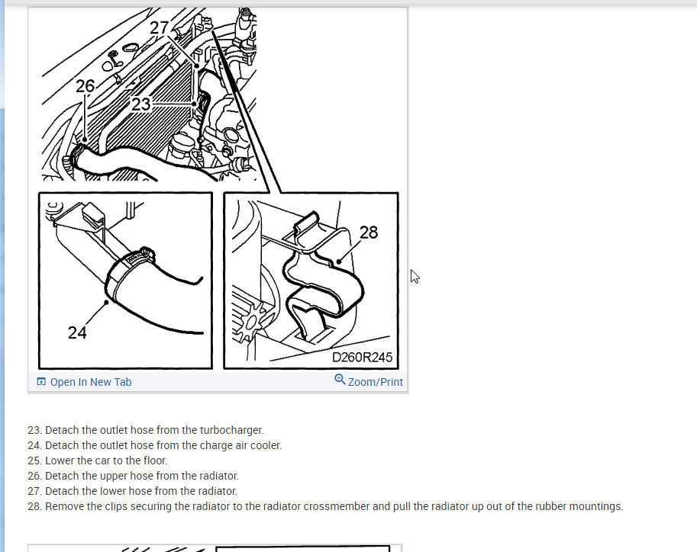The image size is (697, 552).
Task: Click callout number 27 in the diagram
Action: tap(159, 28)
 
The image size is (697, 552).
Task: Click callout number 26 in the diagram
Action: tap(86, 85)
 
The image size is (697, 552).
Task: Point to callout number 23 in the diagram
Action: tap(141, 104)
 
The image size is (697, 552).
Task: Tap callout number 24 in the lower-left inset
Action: tap(77, 332)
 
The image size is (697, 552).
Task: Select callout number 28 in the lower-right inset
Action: tap(369, 233)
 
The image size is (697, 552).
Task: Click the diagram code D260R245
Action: tap(363, 358)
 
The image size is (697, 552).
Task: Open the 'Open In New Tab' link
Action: tap(91, 382)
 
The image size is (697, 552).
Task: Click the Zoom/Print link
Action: tap(375, 382)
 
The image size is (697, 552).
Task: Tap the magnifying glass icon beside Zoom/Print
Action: tap(340, 379)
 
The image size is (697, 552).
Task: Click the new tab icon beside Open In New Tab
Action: tap(41, 381)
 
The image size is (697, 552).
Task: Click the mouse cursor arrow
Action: tap(415, 276)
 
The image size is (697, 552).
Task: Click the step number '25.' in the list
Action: tap(34, 461)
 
